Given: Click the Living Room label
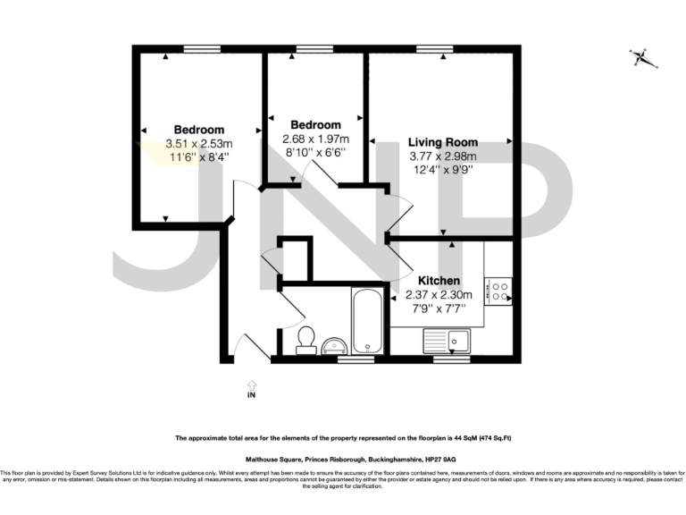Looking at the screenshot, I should point(442,142).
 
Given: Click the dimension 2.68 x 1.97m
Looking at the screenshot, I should point(315,139).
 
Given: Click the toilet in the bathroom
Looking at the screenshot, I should point(306,339).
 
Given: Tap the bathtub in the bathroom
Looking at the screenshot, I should point(367,321).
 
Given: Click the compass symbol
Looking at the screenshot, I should point(640,58).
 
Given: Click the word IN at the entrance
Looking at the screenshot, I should point(251,393).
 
